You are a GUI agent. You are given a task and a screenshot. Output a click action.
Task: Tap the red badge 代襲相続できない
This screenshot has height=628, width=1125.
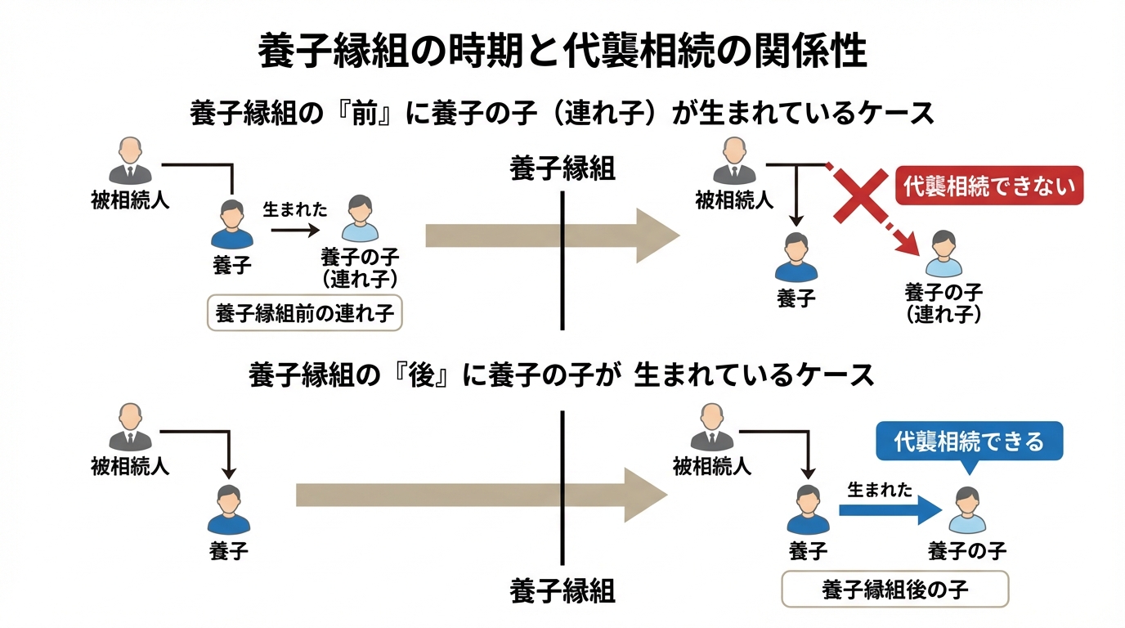[x=989, y=186]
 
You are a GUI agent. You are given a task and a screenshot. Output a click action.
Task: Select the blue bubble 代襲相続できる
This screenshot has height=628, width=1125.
[x=969, y=442]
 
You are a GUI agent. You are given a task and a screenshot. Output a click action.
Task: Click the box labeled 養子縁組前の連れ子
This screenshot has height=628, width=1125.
[x=306, y=313]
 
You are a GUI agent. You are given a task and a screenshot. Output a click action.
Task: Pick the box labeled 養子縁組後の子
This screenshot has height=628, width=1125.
[x=895, y=589]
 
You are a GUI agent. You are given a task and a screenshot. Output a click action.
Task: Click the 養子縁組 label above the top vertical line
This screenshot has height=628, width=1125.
[x=562, y=168]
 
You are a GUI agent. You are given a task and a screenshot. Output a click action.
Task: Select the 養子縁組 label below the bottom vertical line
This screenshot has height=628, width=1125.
[x=562, y=590]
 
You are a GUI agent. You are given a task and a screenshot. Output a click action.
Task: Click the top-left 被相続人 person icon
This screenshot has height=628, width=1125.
[x=130, y=160]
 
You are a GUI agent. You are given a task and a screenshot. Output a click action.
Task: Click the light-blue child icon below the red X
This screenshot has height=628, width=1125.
[x=943, y=253]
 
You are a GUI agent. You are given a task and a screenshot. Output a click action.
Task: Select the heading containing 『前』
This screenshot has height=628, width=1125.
[x=562, y=113]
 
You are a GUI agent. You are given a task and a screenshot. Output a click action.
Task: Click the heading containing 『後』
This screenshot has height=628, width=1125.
[x=562, y=375]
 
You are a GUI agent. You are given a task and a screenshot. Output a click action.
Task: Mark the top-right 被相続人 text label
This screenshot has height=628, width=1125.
[x=733, y=200]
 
